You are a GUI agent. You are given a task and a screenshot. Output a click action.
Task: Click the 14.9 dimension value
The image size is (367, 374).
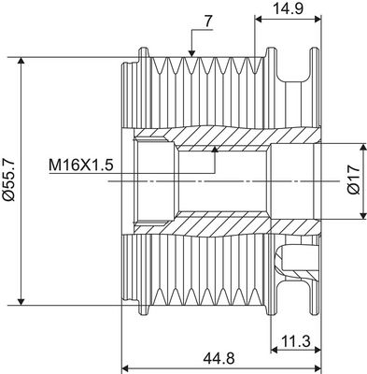point(288,8)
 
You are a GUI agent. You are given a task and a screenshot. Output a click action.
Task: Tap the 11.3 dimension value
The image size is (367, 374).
point(296,341)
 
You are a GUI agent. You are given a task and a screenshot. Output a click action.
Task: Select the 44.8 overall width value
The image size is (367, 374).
point(219,358)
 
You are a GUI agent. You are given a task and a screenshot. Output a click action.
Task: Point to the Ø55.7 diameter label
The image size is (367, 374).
point(7,180)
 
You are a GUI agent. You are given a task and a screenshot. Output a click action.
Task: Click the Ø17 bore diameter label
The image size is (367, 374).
point(354,180)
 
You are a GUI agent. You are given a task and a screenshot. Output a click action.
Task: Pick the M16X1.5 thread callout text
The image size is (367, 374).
point(81,165)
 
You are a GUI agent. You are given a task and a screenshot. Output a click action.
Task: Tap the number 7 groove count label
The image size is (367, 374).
point(208,22)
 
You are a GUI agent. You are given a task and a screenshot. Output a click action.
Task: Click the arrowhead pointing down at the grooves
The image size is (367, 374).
point(191,53)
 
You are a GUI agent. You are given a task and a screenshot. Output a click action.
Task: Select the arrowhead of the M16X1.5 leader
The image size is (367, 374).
point(215,150)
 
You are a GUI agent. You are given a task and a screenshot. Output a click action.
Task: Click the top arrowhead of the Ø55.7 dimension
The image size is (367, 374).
point(21,61)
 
